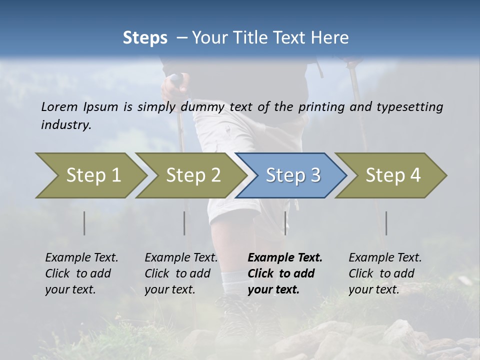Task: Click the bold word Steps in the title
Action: pyautogui.click(x=145, y=38)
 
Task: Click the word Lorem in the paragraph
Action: pyautogui.click(x=59, y=106)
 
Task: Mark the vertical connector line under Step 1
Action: pyautogui.click(x=84, y=223)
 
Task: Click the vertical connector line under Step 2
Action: pyautogui.click(x=184, y=223)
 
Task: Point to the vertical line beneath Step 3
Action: pyautogui.click(x=285, y=223)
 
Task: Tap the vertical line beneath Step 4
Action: pyautogui.click(x=386, y=223)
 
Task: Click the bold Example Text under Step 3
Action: pyautogui.click(x=285, y=258)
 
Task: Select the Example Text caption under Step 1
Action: pyautogui.click(x=81, y=258)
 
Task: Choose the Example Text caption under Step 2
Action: pyautogui.click(x=181, y=258)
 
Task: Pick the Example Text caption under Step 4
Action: pyautogui.click(x=385, y=258)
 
